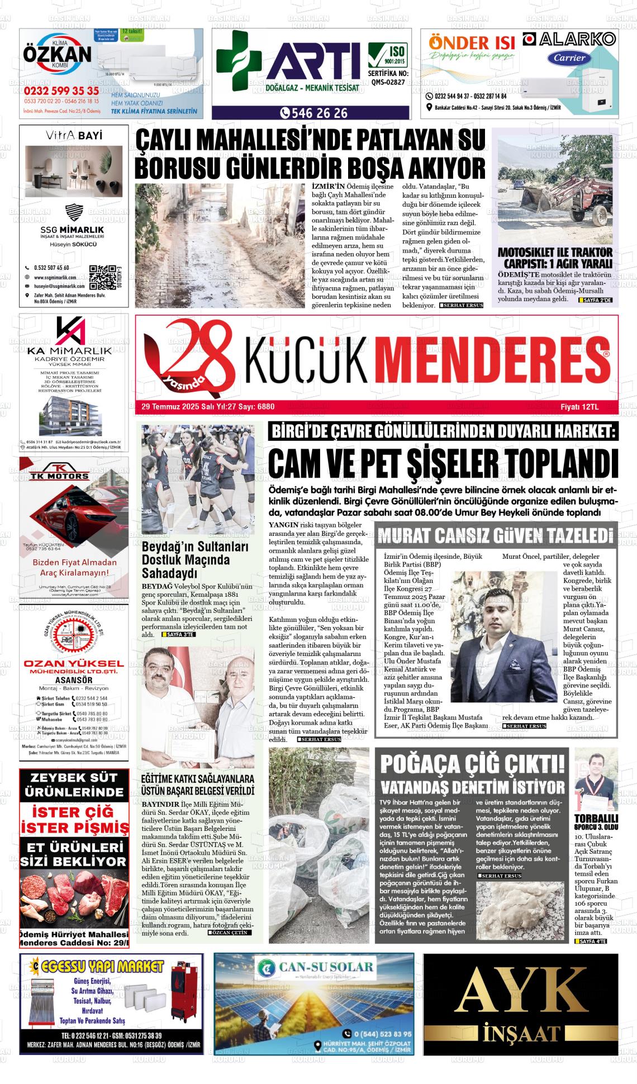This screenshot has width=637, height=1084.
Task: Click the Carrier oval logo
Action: pyautogui.click(x=569, y=58)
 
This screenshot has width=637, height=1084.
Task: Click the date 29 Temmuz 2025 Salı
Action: pyautogui.click(x=168, y=407)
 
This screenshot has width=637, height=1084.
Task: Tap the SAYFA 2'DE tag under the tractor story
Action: pyautogui.click(x=596, y=300)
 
